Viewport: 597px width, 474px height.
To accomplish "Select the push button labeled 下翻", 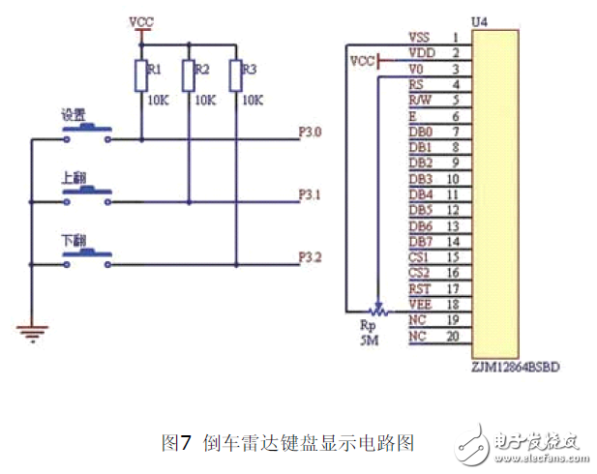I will tap(87, 255).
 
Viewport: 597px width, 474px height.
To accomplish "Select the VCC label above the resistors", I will tap(141, 20).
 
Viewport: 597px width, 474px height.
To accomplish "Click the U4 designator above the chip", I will tap(477, 20).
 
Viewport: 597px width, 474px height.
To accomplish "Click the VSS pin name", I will tap(420, 37).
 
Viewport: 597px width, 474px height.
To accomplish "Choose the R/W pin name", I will tap(420, 100).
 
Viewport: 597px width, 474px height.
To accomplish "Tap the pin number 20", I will tap(454, 336).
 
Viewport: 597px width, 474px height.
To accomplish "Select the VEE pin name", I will tap(420, 304).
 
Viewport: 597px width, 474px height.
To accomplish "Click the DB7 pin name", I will tap(420, 241).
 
